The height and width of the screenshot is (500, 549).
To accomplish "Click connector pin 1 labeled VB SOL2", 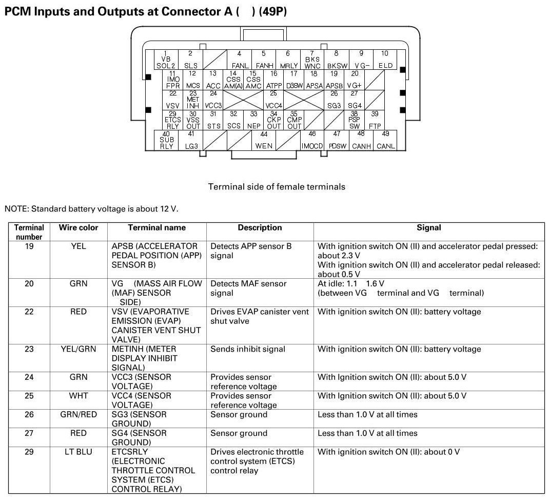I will click(x=166, y=60).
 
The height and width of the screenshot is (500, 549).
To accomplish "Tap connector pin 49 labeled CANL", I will click(x=386, y=140).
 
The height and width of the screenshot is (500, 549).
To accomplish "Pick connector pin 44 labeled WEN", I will click(x=264, y=140).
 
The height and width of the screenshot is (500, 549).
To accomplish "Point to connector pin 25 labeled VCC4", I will click(x=273, y=100).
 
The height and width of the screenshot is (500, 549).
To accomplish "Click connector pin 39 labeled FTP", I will click(x=375, y=120).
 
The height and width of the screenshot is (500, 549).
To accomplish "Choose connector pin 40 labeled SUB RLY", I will click(x=166, y=140).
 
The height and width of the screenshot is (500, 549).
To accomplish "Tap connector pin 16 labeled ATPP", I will click(x=274, y=80).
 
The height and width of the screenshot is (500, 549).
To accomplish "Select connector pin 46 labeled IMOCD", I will click(x=312, y=140).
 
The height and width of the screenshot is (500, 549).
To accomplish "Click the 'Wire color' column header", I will click(x=79, y=227).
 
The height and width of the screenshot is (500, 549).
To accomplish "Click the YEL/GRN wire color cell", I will click(x=79, y=349).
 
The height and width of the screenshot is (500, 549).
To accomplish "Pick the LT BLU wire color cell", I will click(x=79, y=452).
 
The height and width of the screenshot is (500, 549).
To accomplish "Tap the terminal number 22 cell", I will click(x=29, y=312).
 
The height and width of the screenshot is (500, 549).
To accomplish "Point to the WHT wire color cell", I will click(x=79, y=396).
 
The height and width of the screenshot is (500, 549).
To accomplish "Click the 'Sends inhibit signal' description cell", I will click(x=248, y=349).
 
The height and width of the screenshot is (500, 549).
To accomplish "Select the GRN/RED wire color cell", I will click(x=79, y=414).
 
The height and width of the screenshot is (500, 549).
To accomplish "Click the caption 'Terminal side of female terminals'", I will click(x=277, y=187).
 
